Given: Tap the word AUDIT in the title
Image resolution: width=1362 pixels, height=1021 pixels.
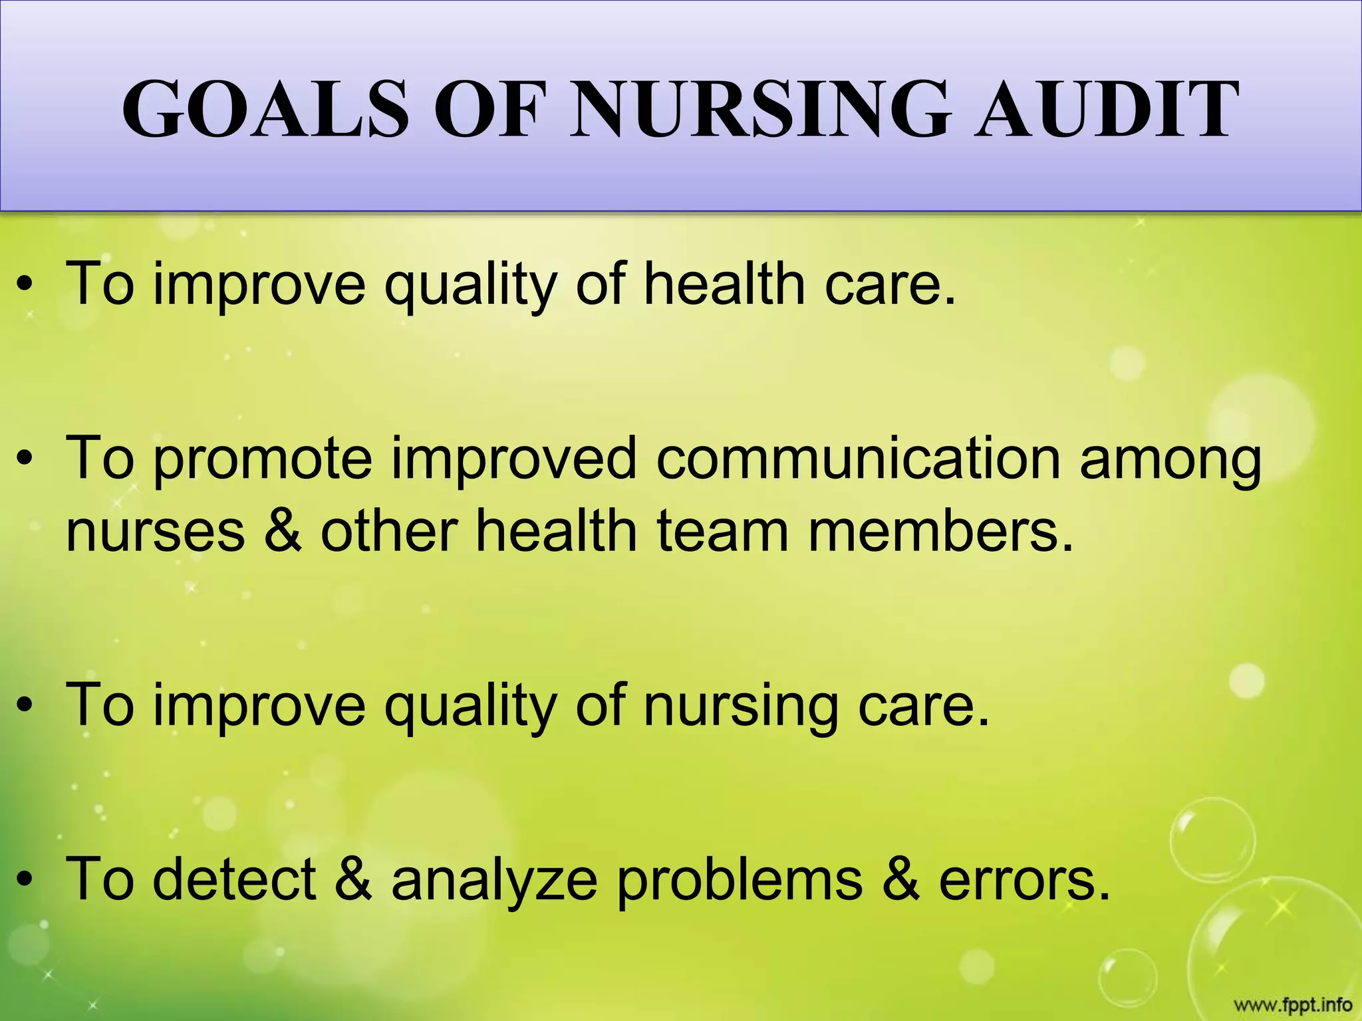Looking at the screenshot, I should click(1107, 109).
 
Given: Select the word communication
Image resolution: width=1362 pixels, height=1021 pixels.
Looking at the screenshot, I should click(858, 459).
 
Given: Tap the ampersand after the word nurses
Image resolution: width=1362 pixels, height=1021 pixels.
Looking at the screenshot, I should click(283, 531).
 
